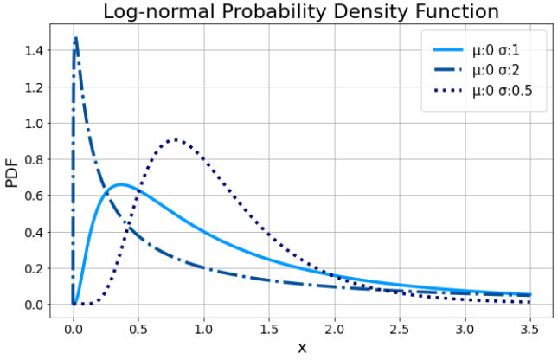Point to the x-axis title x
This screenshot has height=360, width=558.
(302, 348)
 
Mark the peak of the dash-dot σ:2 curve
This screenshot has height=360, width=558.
(76, 38)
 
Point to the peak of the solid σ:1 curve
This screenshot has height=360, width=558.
(121, 184)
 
